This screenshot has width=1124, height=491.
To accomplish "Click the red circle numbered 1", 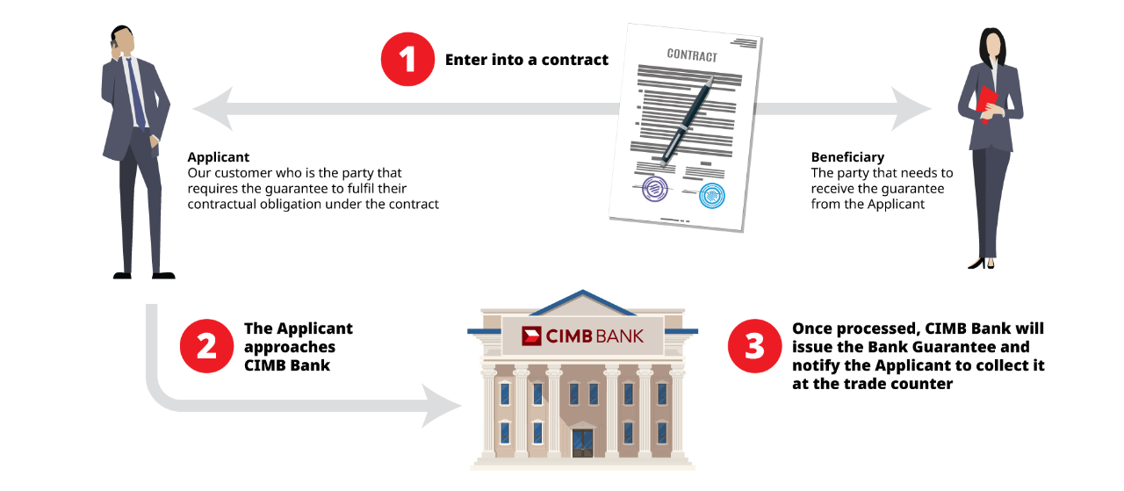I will (407, 60).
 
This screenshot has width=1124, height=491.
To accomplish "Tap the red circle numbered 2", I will (206, 346).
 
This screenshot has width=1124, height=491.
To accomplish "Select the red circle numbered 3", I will (754, 346).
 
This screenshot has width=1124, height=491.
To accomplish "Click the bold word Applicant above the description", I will (219, 157).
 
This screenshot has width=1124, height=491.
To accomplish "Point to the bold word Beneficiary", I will (847, 157).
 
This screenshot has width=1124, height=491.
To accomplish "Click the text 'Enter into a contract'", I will (526, 60).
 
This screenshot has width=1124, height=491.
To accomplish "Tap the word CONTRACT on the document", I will (692, 54).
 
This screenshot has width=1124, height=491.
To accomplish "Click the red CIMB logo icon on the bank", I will (531, 336).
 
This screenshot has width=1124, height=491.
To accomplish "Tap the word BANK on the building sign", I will (619, 336).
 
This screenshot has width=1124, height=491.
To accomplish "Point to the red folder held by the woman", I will (987, 102).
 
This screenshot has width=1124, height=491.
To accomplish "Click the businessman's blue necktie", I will (136, 92).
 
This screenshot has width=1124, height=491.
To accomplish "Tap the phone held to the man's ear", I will (115, 40).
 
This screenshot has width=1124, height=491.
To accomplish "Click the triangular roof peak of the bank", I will (582, 302).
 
